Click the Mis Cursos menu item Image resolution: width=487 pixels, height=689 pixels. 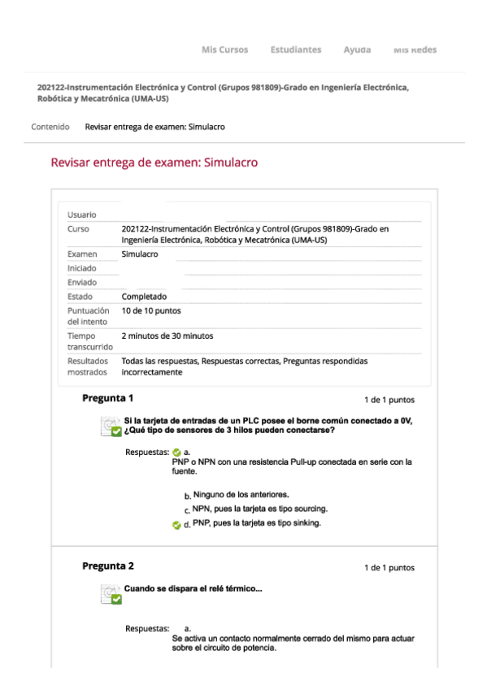click(224, 50)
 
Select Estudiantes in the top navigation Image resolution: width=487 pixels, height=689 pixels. click(295, 50)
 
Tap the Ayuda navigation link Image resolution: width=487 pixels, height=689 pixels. click(357, 50)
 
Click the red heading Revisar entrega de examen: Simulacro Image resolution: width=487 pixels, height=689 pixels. click(154, 162)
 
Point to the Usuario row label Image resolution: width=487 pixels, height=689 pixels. click(81, 214)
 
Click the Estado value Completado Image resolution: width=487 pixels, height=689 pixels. click(144, 297)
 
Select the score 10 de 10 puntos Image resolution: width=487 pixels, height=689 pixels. click(151, 310)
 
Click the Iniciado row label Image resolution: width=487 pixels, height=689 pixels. click(81, 268)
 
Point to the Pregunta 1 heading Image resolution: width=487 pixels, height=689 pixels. click(108, 398)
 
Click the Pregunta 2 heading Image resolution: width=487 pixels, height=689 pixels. click(108, 565)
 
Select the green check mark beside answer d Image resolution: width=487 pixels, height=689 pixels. click(176, 524)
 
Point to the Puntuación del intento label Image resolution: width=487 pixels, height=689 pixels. click(88, 316)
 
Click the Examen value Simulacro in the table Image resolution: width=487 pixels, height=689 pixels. click(139, 254)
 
